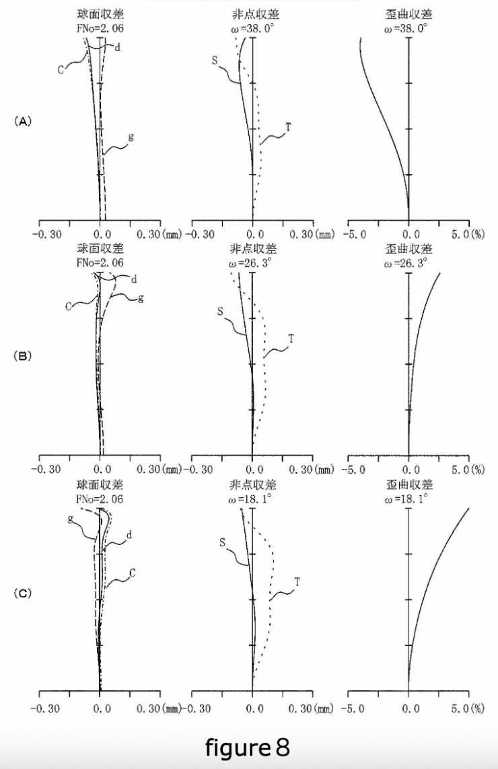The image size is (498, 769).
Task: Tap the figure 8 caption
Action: (x=248, y=747)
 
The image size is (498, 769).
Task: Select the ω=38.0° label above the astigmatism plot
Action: (x=253, y=28)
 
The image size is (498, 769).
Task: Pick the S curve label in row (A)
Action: (x=215, y=61)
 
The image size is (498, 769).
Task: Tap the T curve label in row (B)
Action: (x=291, y=338)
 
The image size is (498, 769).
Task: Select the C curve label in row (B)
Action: (x=69, y=306)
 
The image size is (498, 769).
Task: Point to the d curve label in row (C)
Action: (x=129, y=534)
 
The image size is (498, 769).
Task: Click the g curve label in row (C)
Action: (x=70, y=518)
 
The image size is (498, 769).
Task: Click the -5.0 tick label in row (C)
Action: (x=356, y=708)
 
